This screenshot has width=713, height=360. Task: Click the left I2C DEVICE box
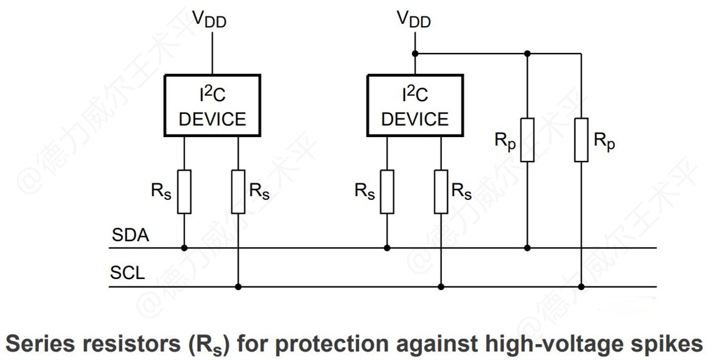pyautogui.click(x=212, y=105)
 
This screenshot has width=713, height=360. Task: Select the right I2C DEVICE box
pyautogui.click(x=415, y=105)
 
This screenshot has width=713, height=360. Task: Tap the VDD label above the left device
pyautogui.click(x=211, y=19)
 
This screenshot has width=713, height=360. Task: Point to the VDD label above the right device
pyautogui.click(x=414, y=19)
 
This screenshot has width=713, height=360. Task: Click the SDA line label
pyautogui.click(x=130, y=235)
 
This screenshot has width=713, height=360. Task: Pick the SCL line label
pyautogui.click(x=127, y=273)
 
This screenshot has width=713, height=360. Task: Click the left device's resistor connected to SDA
pyautogui.click(x=184, y=192)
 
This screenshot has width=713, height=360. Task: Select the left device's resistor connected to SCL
pyautogui.click(x=238, y=192)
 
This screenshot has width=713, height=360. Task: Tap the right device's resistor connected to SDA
pyautogui.click(x=387, y=192)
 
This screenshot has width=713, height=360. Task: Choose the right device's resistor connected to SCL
pyautogui.click(x=441, y=192)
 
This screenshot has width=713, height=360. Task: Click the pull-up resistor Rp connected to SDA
pyautogui.click(x=527, y=140)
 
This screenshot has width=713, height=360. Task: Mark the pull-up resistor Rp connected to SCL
pyautogui.click(x=581, y=140)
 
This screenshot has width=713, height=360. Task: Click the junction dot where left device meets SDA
pyautogui.click(x=184, y=248)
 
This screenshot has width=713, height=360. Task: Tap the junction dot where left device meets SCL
pyautogui.click(x=238, y=286)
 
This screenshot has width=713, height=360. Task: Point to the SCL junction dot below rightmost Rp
pyautogui.click(x=581, y=286)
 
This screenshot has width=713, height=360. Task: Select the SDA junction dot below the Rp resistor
pyautogui.click(x=527, y=248)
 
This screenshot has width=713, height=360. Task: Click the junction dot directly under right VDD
pyautogui.click(x=415, y=54)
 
